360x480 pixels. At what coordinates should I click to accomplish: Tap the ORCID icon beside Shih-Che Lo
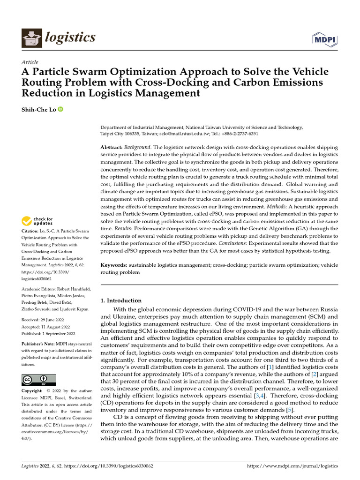tap(60, 110)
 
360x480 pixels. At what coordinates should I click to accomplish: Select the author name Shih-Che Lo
tap(39, 110)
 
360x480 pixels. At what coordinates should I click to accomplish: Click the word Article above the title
tap(30, 62)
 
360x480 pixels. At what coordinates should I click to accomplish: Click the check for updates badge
tap(38, 221)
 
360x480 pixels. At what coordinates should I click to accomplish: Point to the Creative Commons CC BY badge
tap(38, 380)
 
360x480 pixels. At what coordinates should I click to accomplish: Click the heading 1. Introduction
tap(121, 300)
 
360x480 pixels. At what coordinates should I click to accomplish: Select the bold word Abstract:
tap(112, 147)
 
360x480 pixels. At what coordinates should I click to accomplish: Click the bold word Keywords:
tap(113, 265)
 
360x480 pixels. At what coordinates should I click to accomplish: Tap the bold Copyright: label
tap(34, 390)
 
